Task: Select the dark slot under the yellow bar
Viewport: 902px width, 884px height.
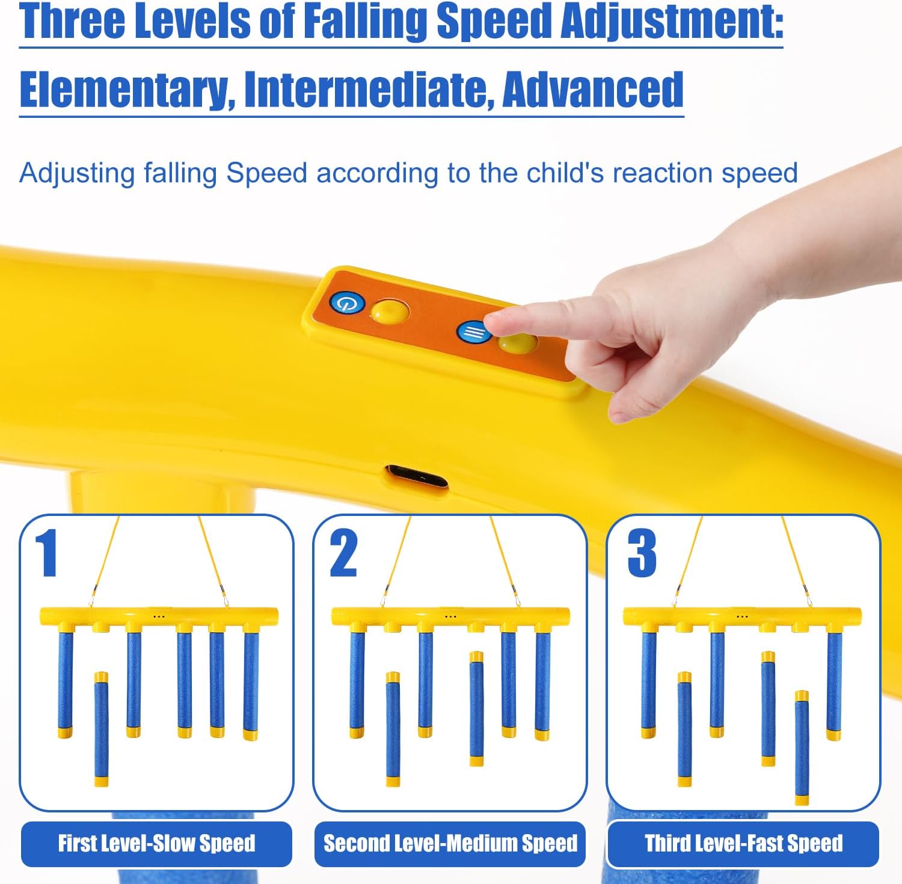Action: coord(417,477)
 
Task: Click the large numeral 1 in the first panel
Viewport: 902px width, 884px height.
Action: coord(46,553)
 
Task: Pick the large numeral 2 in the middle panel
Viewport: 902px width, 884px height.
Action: coord(343,553)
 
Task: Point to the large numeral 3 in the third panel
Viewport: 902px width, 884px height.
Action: coord(642,553)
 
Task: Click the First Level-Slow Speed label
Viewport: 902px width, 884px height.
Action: coord(156,843)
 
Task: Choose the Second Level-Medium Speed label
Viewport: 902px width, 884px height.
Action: coord(450,843)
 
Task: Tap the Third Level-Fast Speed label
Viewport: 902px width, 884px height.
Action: coord(743,843)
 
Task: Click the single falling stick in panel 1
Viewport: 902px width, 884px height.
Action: coord(102,729)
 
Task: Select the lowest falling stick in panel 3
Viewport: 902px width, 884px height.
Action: coord(802,747)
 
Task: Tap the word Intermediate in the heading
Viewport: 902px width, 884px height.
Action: coord(369,90)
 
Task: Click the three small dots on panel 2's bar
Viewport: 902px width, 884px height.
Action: coord(450,616)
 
